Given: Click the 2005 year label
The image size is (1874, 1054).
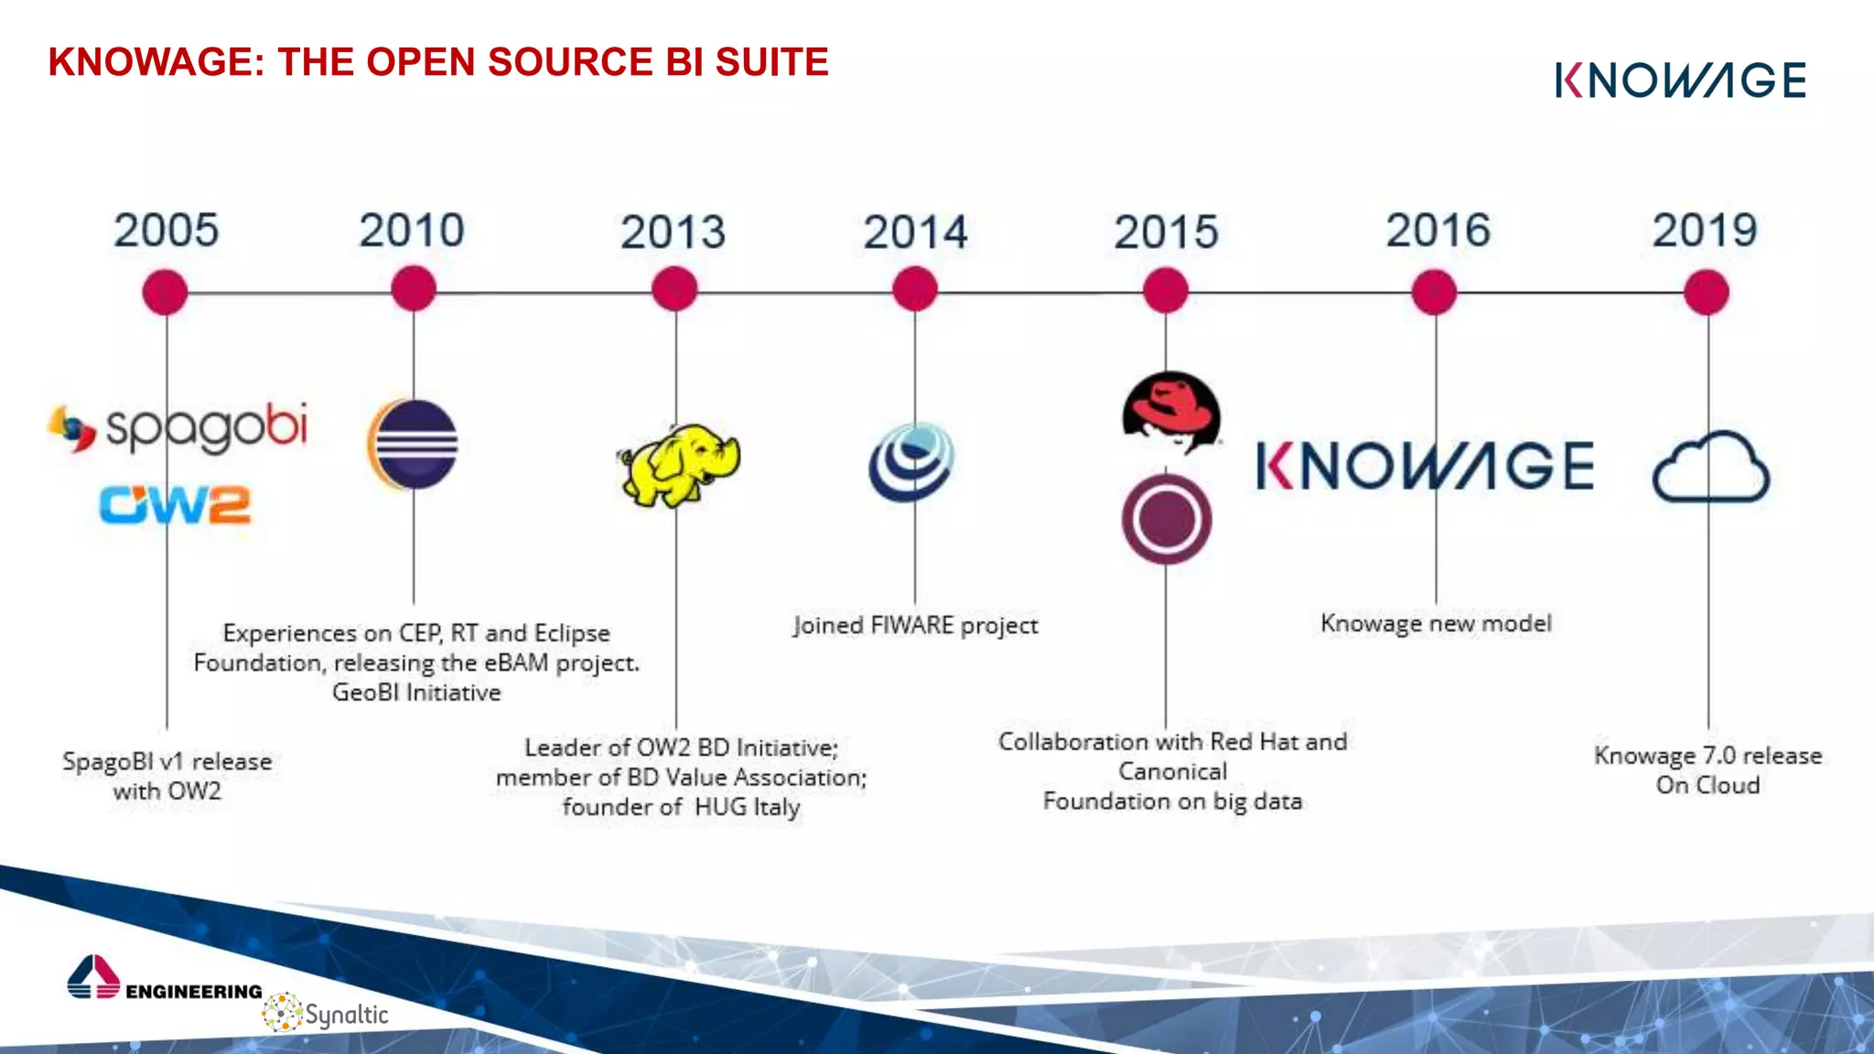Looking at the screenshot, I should [x=166, y=230].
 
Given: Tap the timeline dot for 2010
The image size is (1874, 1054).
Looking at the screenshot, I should [x=413, y=290].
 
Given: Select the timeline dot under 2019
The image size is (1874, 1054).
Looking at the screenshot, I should [x=1706, y=293].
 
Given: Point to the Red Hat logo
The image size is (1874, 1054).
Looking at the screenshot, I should [x=1170, y=411].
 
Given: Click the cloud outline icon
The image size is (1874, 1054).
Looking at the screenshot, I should [x=1710, y=468].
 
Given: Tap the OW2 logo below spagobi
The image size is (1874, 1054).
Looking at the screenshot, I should [x=175, y=505].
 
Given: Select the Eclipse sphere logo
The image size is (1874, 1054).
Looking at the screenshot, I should [x=413, y=445].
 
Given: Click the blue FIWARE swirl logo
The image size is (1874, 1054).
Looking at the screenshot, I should [x=911, y=462].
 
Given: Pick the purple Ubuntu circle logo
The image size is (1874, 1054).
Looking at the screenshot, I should [x=1167, y=519].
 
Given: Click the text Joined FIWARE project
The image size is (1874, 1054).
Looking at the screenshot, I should [x=915, y=626].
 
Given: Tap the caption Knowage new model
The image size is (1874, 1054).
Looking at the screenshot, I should [x=1436, y=624].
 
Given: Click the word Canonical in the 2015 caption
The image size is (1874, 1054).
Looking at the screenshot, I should [x=1172, y=771].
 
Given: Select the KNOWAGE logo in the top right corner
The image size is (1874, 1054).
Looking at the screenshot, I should [x=1680, y=81].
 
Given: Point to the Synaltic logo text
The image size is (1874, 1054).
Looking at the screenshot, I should [x=345, y=1015].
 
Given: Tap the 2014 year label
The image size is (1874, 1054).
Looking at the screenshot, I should [x=915, y=232].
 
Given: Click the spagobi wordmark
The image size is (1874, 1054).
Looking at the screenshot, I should [x=206, y=426].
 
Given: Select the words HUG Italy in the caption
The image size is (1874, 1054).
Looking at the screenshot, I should [x=747, y=807].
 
